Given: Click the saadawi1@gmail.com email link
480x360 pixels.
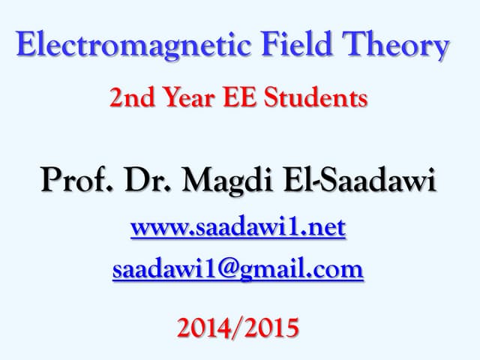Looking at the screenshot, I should click(x=238, y=268).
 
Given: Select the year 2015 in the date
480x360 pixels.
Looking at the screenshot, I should click(x=269, y=328).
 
